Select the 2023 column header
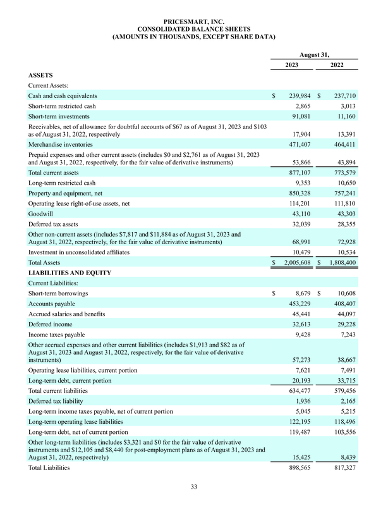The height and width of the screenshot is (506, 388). point(291,65)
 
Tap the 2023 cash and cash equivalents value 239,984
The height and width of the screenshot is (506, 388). point(295,96)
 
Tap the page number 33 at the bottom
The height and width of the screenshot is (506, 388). point(194,486)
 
